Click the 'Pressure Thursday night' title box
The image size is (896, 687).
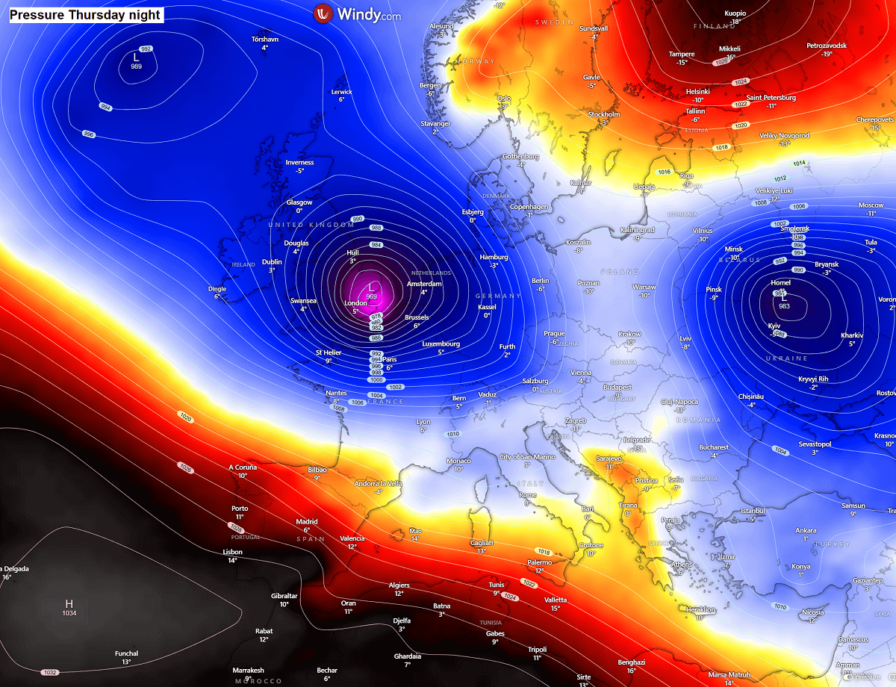(x=86, y=13)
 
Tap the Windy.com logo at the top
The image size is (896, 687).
(x=357, y=13)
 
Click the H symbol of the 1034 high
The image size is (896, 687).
(x=69, y=603)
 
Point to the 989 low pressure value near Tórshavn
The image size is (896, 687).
(x=136, y=66)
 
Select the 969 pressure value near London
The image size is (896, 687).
(x=372, y=297)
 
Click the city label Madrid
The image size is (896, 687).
(x=307, y=522)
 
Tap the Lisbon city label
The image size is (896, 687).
(x=232, y=552)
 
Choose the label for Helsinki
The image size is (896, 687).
(x=698, y=91)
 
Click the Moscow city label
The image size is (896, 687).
(x=871, y=205)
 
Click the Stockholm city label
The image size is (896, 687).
(x=604, y=114)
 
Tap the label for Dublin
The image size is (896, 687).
(x=272, y=262)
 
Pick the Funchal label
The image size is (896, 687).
(x=126, y=653)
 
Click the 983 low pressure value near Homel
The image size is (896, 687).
(x=784, y=306)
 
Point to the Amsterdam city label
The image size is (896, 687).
(x=424, y=284)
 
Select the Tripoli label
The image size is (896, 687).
(x=537, y=650)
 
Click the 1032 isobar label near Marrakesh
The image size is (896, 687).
(x=49, y=672)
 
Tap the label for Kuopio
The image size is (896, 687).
(x=735, y=13)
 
